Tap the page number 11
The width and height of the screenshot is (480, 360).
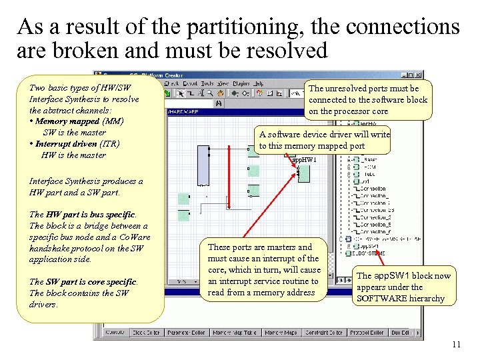pos(456,345)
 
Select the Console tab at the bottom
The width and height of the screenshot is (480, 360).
pos(115,332)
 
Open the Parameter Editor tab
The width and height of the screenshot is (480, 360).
pos(187,332)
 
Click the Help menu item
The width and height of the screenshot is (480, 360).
pos(258,83)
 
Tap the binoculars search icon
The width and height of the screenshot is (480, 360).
pos(218,103)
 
